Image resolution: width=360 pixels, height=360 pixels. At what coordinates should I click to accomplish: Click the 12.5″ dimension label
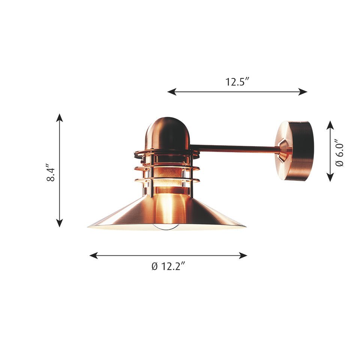pyautogui.click(x=237, y=82)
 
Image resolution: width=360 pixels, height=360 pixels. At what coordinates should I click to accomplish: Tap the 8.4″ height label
pyautogui.click(x=51, y=172)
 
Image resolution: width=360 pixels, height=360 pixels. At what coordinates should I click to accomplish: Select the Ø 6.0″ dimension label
pyautogui.click(x=339, y=153)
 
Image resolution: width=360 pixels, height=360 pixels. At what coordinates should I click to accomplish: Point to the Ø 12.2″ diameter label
pyautogui.click(x=168, y=266)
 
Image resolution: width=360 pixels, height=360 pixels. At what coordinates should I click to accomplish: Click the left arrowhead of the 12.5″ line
pyautogui.click(x=172, y=92)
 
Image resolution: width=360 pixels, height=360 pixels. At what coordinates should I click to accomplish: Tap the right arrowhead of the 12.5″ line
pyautogui.click(x=303, y=92)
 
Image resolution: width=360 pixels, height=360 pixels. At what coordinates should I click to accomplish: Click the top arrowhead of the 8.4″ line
pyautogui.click(x=60, y=117)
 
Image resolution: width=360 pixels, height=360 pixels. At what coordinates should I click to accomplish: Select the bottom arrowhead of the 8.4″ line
pyautogui.click(x=60, y=223)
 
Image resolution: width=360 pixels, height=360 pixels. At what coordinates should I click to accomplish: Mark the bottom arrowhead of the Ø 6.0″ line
pyautogui.click(x=330, y=177)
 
